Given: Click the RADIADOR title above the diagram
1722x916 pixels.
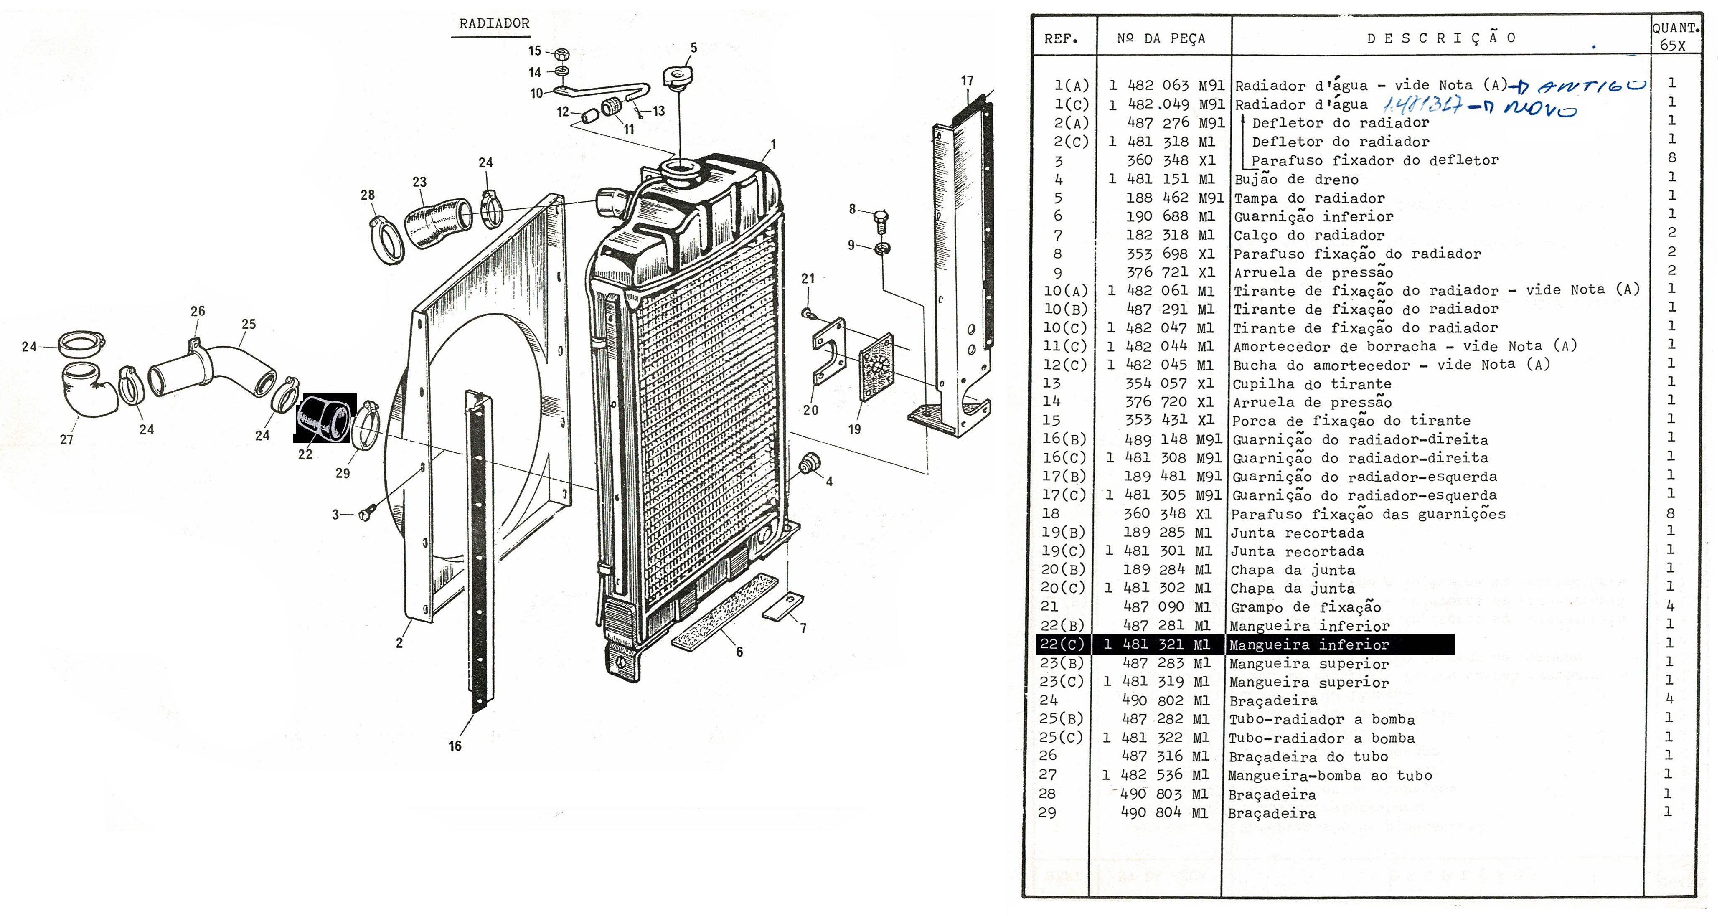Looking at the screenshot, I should (x=494, y=23).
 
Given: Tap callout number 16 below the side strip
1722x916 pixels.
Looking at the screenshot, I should (x=455, y=746).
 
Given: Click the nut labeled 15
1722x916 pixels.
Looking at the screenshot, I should (x=562, y=52).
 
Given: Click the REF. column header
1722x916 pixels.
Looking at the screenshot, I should (x=1061, y=39).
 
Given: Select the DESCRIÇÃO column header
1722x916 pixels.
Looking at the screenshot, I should (x=1440, y=38).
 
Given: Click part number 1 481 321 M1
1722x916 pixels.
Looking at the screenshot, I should (x=1157, y=644).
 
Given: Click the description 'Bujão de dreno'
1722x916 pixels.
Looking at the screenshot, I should (x=1296, y=179).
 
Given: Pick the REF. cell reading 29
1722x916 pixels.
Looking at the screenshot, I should (x=1047, y=812).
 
